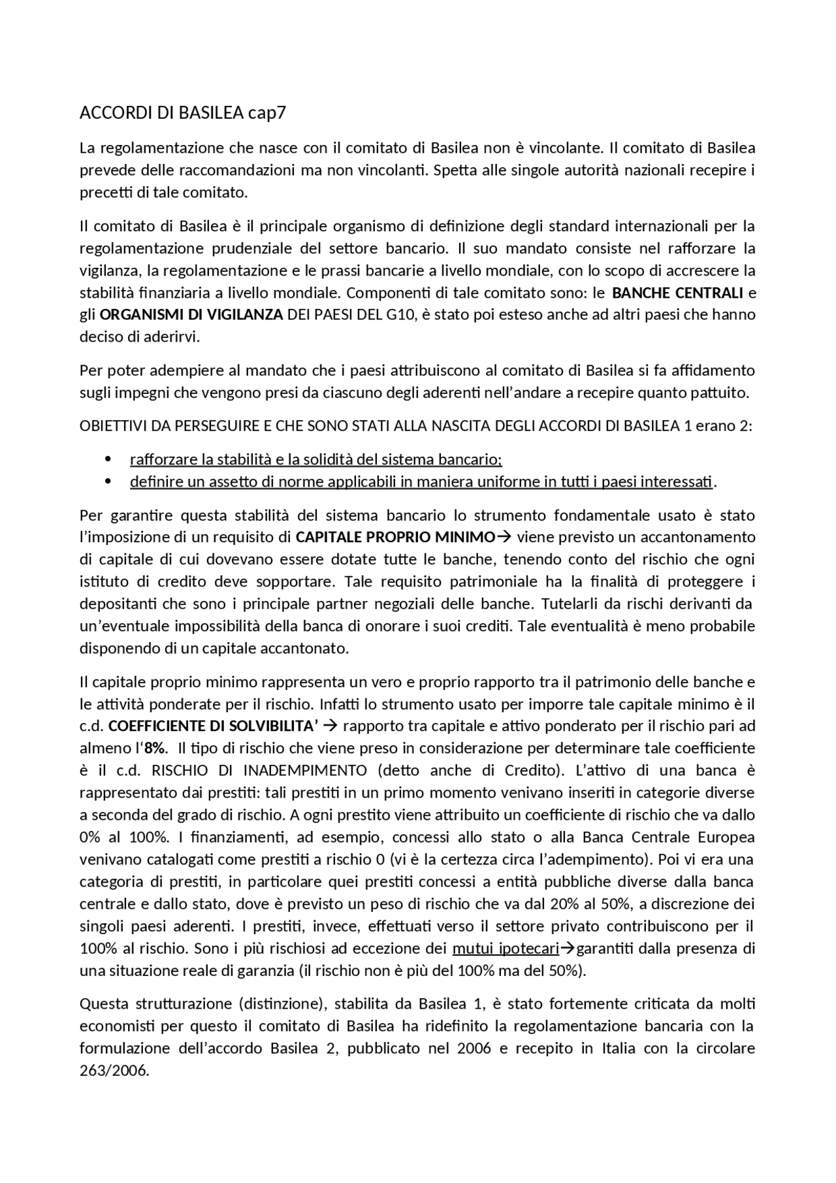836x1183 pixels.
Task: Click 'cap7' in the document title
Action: tap(267, 113)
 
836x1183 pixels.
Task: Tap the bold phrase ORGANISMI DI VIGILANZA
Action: tap(191, 314)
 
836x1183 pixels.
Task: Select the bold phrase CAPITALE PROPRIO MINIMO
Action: tap(395, 537)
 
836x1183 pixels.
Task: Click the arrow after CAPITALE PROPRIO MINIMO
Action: tap(504, 537)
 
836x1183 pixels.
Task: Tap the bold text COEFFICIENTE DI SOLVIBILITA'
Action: tap(213, 726)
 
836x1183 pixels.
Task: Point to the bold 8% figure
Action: tap(154, 748)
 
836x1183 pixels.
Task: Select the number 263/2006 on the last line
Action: tap(114, 1071)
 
